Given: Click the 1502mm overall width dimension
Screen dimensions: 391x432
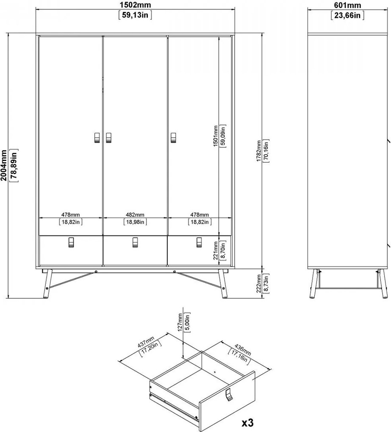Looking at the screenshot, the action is click(135, 5).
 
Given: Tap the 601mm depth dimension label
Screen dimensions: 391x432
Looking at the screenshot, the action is click(347, 5).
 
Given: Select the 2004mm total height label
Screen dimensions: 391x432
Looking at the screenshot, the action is click(3, 165).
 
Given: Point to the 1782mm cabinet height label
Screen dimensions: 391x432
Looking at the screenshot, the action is click(259, 151).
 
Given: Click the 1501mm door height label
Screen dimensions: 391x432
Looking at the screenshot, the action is click(216, 136).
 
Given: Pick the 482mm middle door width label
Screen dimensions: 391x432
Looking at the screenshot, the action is click(135, 215).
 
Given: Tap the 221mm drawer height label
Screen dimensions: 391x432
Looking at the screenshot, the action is click(216, 250).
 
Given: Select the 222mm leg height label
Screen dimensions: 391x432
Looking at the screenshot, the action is click(259, 283).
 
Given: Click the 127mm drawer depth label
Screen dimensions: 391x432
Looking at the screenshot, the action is click(180, 322).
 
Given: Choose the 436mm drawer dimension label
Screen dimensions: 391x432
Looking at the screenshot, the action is click(242, 349).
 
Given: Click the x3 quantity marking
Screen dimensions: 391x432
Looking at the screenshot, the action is click(247, 423).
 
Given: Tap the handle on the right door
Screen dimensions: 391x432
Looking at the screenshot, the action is click(173, 138).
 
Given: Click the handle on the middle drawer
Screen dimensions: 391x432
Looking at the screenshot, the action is click(135, 242).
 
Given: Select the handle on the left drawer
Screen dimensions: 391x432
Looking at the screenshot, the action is click(71, 242).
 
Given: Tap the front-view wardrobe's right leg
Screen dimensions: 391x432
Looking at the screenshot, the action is click(223, 284).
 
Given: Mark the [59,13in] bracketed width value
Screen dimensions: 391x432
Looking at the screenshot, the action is click(135, 15).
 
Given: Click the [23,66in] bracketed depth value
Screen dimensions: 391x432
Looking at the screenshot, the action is click(347, 15).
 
